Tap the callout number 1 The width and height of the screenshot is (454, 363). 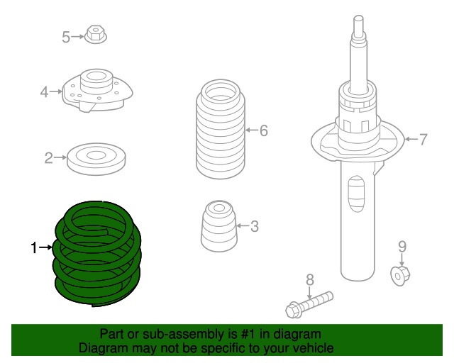pyautogui.click(x=34, y=247)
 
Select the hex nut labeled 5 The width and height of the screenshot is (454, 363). pyautogui.click(x=96, y=35)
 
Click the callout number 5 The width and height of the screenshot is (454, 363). pyautogui.click(x=66, y=37)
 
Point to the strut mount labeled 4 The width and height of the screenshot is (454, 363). pyautogui.click(x=97, y=90)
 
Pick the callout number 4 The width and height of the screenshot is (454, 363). pyautogui.click(x=44, y=92)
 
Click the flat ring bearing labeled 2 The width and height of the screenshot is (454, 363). pyautogui.click(x=96, y=159)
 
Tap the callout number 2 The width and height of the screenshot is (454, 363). pyautogui.click(x=49, y=158)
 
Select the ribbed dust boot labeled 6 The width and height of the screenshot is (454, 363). pyautogui.click(x=221, y=129)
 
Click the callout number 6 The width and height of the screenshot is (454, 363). pyautogui.click(x=263, y=130)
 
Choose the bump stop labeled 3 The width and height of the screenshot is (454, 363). pyautogui.click(x=219, y=226)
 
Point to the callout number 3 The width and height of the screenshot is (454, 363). pyautogui.click(x=254, y=226)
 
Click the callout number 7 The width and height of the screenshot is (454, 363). pyautogui.click(x=423, y=140)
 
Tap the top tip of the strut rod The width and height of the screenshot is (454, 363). pyautogui.click(x=358, y=16)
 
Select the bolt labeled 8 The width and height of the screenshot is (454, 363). pyautogui.click(x=309, y=305)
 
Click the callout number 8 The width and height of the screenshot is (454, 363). pyautogui.click(x=310, y=280)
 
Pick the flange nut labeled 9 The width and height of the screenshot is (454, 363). pyautogui.click(x=400, y=274)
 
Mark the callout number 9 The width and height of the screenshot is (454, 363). pyautogui.click(x=402, y=247)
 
